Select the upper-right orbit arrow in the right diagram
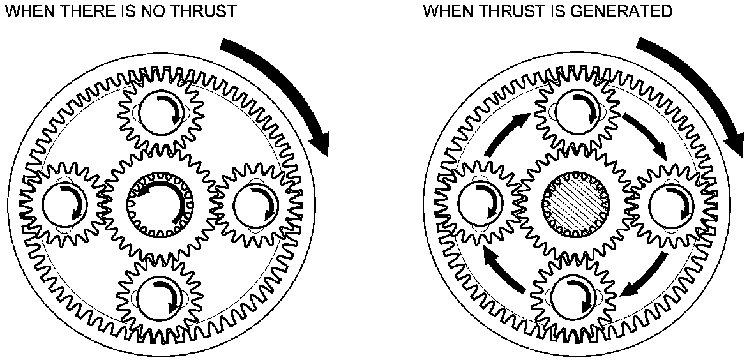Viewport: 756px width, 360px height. coord(645,135)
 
